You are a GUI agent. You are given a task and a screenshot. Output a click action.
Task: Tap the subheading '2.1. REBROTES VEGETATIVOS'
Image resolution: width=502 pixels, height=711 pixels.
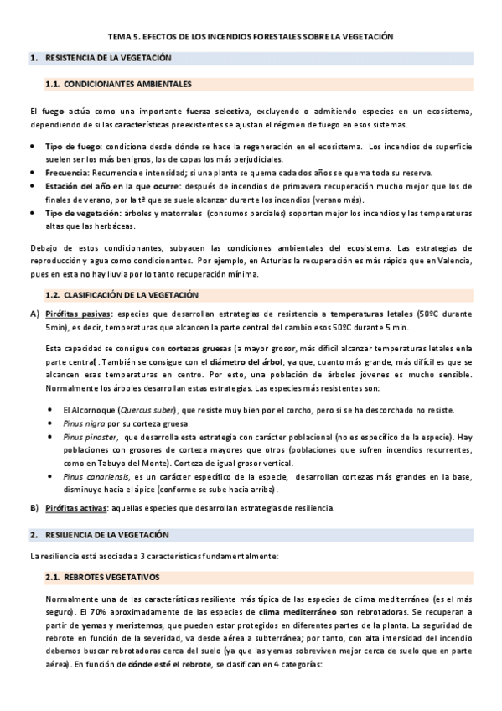coord(109,579)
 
